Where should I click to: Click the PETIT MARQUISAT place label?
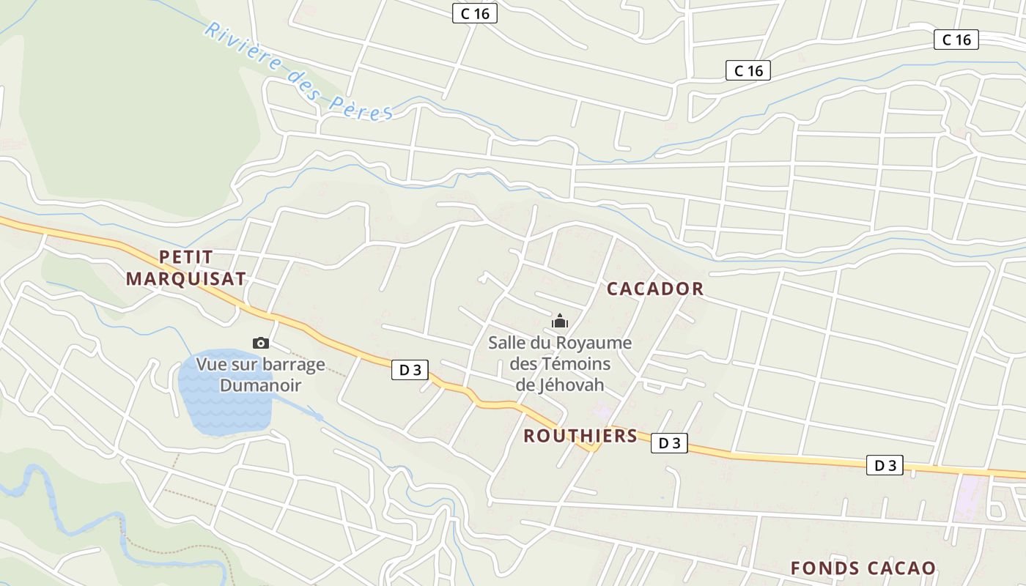[x=185, y=267]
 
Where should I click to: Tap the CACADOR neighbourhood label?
[x=655, y=289]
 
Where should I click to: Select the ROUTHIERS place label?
[x=580, y=436]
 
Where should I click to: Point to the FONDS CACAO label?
[x=863, y=568]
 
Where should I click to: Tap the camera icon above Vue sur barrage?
[x=260, y=343]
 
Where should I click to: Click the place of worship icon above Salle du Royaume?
[x=560, y=321]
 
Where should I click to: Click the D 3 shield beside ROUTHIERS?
[x=669, y=442]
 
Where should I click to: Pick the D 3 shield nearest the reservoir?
[x=410, y=370]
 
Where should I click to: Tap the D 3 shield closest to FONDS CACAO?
[x=885, y=465]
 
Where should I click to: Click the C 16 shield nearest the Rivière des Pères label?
[x=475, y=13]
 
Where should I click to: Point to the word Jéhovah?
[x=560, y=385]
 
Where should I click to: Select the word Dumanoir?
[x=261, y=385]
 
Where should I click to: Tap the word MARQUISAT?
[x=185, y=279]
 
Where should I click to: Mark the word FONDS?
[x=824, y=568]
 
